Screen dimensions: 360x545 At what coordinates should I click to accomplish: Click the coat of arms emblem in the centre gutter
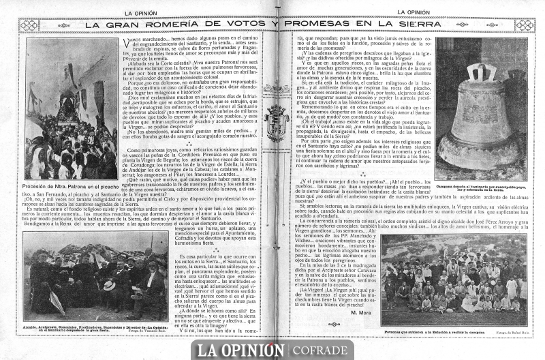(x=277, y=121)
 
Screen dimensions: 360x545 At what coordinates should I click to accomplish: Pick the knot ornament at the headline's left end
(x=29, y=25)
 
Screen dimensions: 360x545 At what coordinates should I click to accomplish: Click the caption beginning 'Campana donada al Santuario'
(x=481, y=186)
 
